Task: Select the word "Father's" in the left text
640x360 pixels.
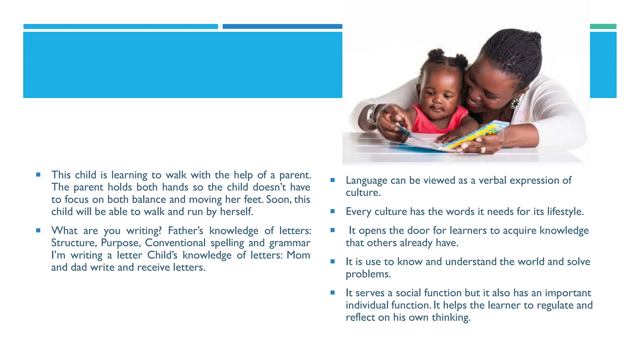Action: pos(185,231)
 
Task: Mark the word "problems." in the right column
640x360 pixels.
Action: pos(368,274)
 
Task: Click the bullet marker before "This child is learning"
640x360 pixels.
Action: pos(38,175)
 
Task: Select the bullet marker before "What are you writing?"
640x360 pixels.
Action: pos(38,231)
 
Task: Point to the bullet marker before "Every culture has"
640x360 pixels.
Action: pos(332,212)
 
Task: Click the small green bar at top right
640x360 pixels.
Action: pos(603,27)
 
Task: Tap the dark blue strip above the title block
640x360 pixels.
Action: pos(282,27)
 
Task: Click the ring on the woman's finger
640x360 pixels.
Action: pos(483,150)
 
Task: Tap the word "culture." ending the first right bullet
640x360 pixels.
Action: pos(363,192)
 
